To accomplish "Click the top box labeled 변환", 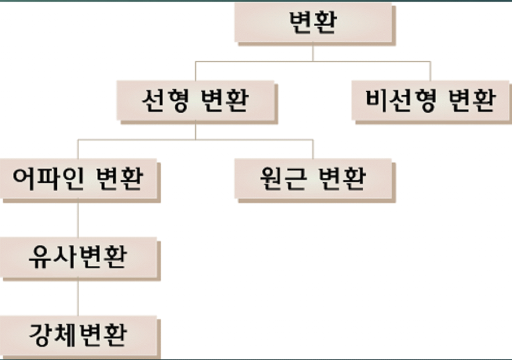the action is (x=313, y=23).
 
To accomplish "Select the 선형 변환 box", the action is (x=195, y=100).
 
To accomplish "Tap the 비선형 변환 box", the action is (x=431, y=100).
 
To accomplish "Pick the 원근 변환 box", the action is (x=313, y=179).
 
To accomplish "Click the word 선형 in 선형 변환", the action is (x=165, y=100).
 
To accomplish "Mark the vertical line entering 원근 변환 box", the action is (x=313, y=149).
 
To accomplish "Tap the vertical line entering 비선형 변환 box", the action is (x=431, y=71).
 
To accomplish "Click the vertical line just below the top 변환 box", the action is (x=313, y=52).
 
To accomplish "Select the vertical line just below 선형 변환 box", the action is (x=195, y=131).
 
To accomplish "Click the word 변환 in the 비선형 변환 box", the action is (x=471, y=100).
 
